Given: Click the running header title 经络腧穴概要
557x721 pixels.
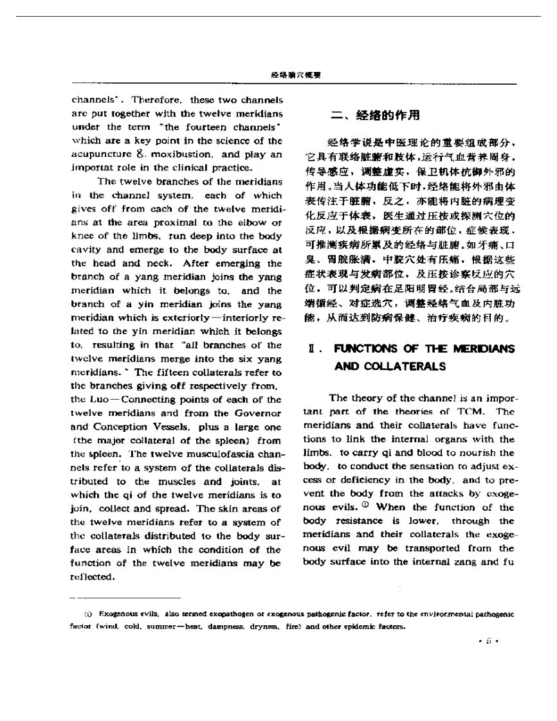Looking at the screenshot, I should point(296,75).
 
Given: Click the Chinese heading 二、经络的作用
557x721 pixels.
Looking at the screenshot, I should point(375,115).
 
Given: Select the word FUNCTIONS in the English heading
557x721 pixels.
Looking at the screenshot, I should point(364,348).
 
